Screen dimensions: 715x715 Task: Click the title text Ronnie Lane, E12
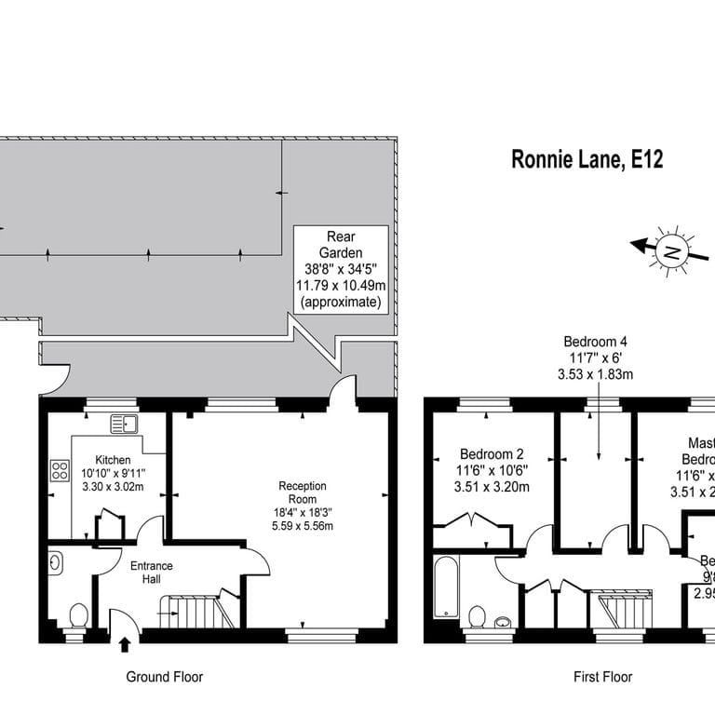[x=587, y=159]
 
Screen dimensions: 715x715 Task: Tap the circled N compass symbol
[x=670, y=250]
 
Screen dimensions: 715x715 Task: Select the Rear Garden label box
[x=341, y=269]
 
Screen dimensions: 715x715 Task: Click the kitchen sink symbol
[x=124, y=425]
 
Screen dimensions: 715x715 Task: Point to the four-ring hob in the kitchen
[x=62, y=470]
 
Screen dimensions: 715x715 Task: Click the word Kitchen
[x=113, y=460]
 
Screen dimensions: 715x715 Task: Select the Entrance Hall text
[x=151, y=573]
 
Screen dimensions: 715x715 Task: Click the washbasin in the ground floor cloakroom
[x=55, y=562]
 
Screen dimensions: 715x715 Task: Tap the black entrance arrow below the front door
[x=126, y=643]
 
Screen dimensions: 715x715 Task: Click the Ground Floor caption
[x=164, y=677]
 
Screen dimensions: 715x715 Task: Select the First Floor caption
[x=602, y=677]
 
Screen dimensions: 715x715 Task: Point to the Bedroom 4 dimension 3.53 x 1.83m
[x=595, y=375]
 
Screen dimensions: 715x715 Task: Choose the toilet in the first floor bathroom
[x=479, y=616]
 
